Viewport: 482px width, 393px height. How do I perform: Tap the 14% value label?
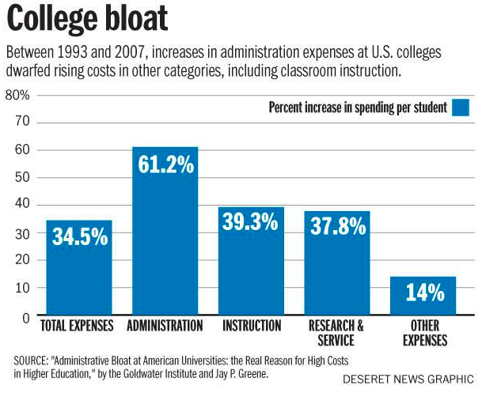tap(424, 292)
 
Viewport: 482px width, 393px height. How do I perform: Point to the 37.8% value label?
tap(337, 226)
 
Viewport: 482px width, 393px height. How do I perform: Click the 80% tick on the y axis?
tap(17, 95)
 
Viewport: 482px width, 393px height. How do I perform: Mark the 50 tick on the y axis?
tap(23, 176)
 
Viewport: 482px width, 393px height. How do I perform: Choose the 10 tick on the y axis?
tap(23, 287)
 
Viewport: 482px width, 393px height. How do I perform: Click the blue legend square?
tap(460, 108)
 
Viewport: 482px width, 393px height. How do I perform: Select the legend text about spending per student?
tap(358, 108)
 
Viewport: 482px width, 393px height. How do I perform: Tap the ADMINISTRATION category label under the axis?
tap(165, 326)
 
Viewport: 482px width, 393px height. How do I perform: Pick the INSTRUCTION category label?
tap(252, 326)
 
